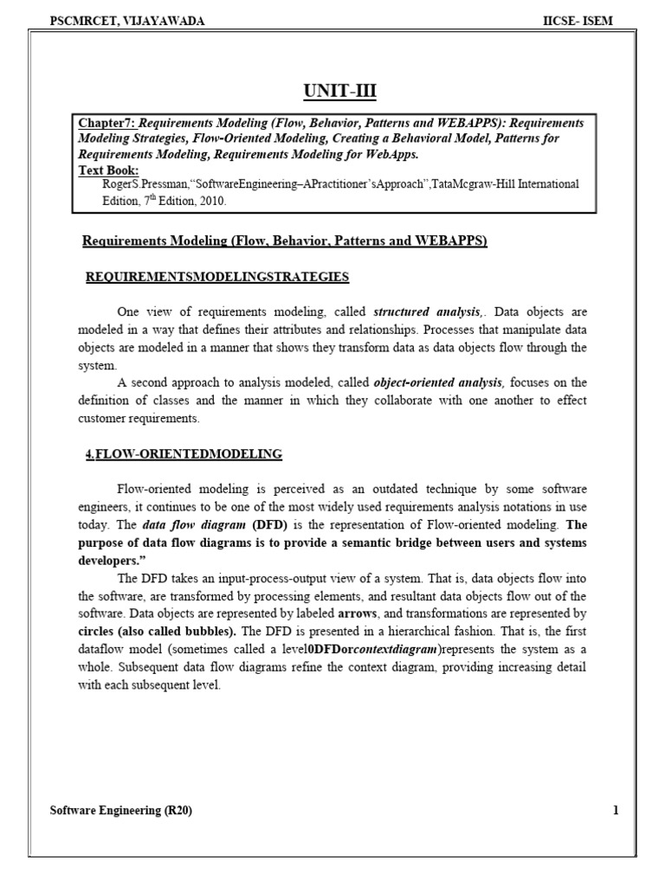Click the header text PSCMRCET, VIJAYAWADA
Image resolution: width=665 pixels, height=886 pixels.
(128, 21)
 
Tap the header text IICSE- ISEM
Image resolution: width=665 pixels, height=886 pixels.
(578, 21)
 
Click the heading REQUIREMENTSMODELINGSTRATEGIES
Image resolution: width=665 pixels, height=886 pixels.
(217, 277)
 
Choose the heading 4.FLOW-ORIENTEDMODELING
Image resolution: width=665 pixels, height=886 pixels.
(184, 453)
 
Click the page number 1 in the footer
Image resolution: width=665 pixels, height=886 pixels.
(616, 811)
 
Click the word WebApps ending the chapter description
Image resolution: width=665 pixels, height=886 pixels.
(391, 155)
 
